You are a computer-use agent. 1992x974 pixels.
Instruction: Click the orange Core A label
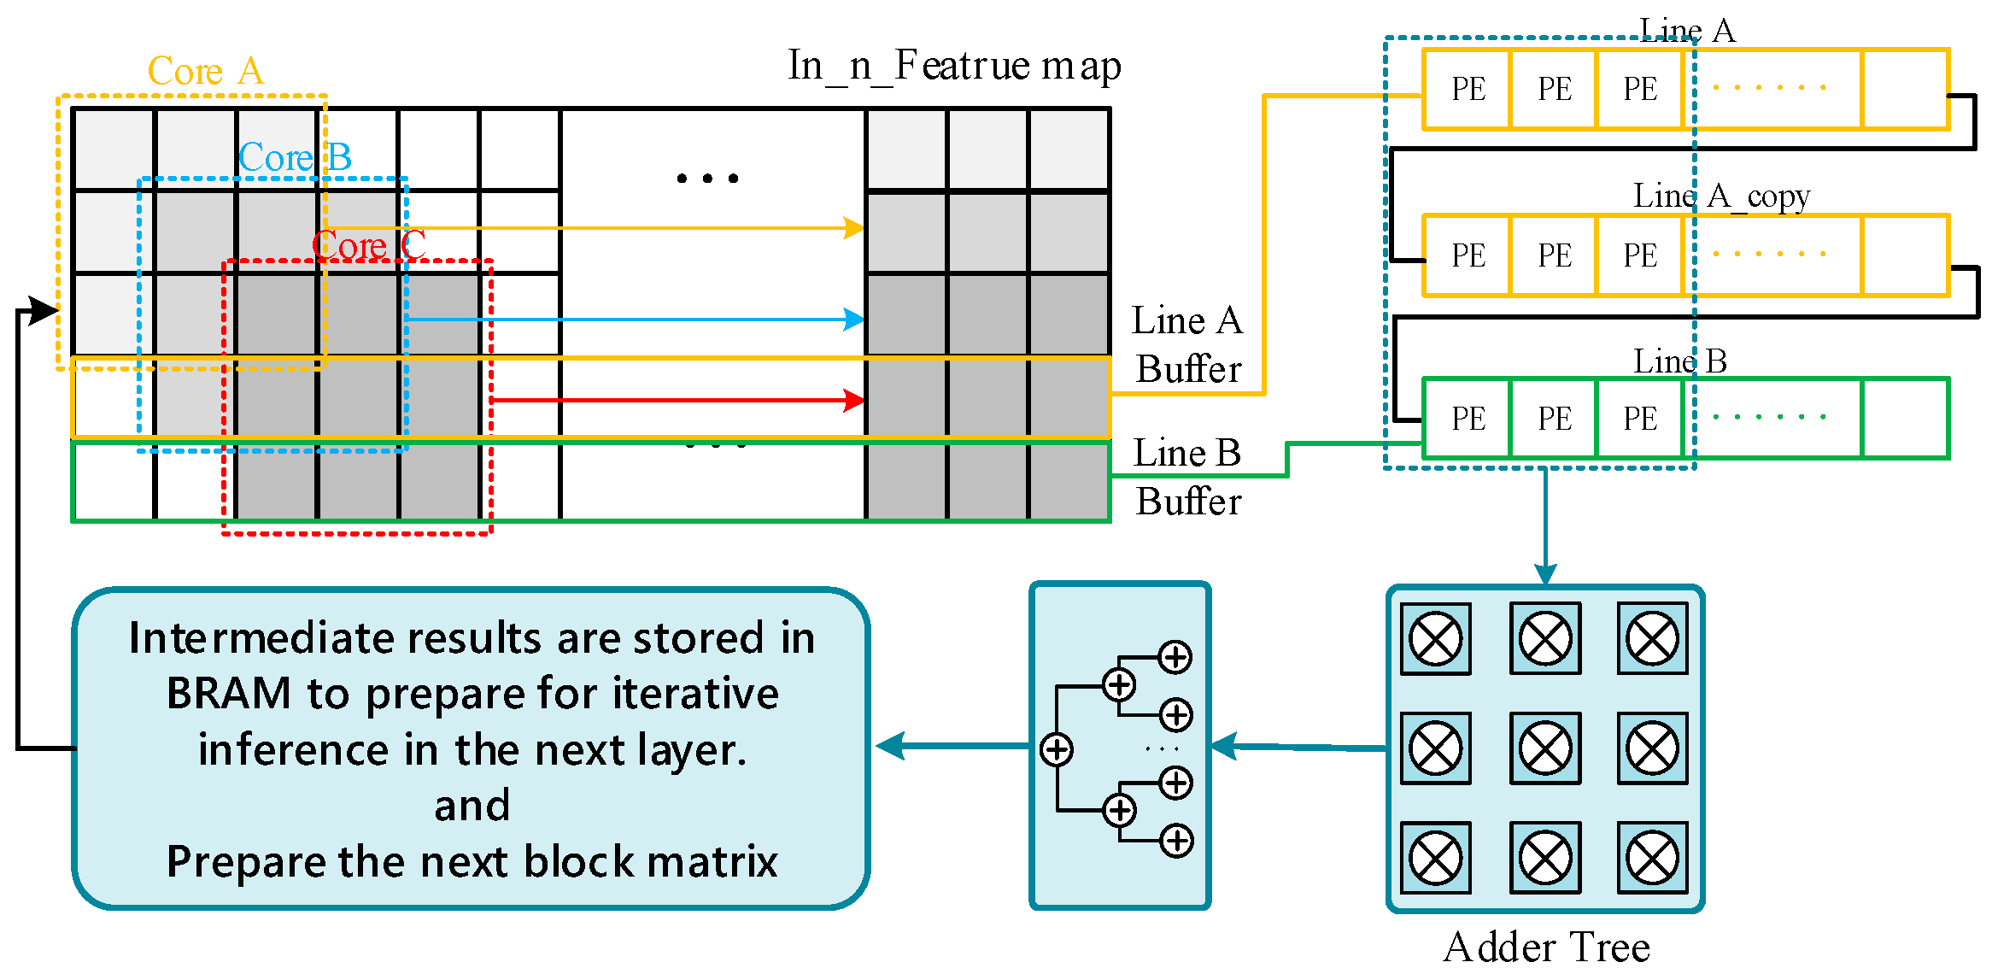pos(205,71)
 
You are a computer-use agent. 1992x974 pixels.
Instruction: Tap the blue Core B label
pos(295,158)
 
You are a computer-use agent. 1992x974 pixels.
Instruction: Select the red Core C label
pos(368,246)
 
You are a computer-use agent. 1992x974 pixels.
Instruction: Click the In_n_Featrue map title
pos(954,66)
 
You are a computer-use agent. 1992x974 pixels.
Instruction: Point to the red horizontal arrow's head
pos(853,400)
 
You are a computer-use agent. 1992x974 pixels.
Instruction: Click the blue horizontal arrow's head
pos(853,320)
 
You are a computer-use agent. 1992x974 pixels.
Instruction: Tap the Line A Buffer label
pos(1187,345)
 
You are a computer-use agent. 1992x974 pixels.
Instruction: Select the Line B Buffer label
pos(1187,477)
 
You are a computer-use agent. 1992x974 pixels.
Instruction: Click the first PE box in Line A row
pos(1468,89)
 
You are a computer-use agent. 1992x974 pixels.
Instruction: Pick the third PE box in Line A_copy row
pos(1640,255)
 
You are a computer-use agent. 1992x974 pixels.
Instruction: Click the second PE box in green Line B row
pos(1554,419)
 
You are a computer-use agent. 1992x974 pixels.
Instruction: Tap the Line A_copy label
pos(1720,197)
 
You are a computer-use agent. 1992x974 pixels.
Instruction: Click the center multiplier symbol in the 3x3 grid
pos(1544,748)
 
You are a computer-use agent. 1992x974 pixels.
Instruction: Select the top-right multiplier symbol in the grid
pos(1652,639)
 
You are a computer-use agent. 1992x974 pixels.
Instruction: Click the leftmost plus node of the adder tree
pos(1057,750)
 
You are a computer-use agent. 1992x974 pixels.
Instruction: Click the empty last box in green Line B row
pos(1905,419)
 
